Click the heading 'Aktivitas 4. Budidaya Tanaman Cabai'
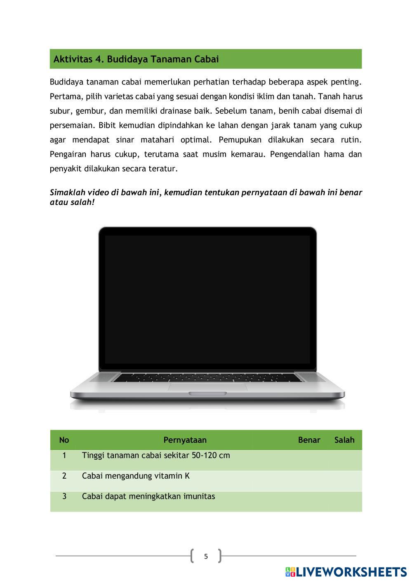tap(136, 59)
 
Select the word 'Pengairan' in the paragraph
tap(66, 154)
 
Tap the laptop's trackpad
tap(207, 386)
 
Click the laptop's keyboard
tap(207, 377)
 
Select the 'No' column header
tap(64, 440)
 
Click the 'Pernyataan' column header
tap(185, 440)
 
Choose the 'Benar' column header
tap(309, 440)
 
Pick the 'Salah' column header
tap(344, 440)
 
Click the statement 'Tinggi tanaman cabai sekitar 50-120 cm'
tap(156, 456)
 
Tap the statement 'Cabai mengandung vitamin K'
tap(136, 476)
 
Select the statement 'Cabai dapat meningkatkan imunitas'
tap(148, 496)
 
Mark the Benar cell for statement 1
tap(309, 460)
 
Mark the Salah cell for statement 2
tap(344, 481)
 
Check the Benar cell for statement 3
tap(309, 501)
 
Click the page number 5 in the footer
tap(206, 556)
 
